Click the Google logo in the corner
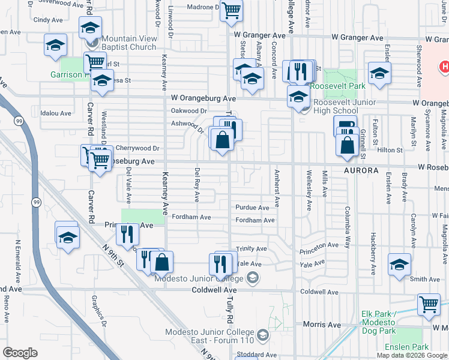pyautogui.click(x=20, y=353)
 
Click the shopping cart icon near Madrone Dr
pyautogui.click(x=231, y=10)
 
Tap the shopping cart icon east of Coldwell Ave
pyautogui.click(x=429, y=304)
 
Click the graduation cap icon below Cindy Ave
pyautogui.click(x=55, y=45)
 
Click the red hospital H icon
pyautogui.click(x=445, y=67)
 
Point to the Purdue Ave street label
pyautogui.click(x=252, y=208)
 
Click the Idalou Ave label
pyautogui.click(x=56, y=113)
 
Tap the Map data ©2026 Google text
pyautogui.click(x=411, y=355)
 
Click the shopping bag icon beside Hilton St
pyautogui.click(x=348, y=144)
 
